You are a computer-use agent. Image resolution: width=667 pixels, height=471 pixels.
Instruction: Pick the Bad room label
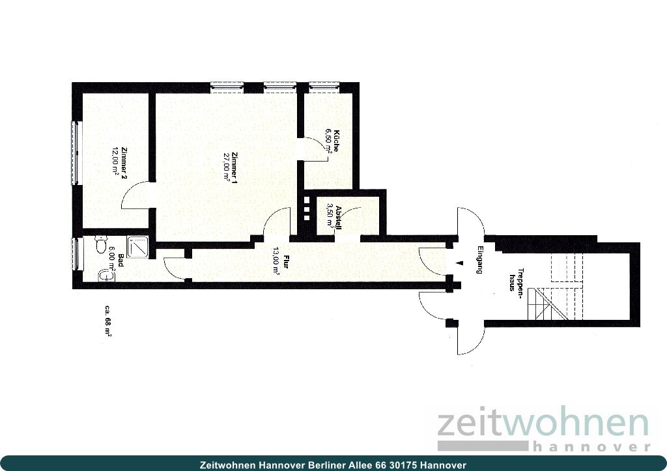point(121,259)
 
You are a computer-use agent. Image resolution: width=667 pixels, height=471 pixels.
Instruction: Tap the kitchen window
point(324,85)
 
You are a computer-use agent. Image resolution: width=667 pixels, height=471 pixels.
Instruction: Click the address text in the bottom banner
point(333,464)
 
